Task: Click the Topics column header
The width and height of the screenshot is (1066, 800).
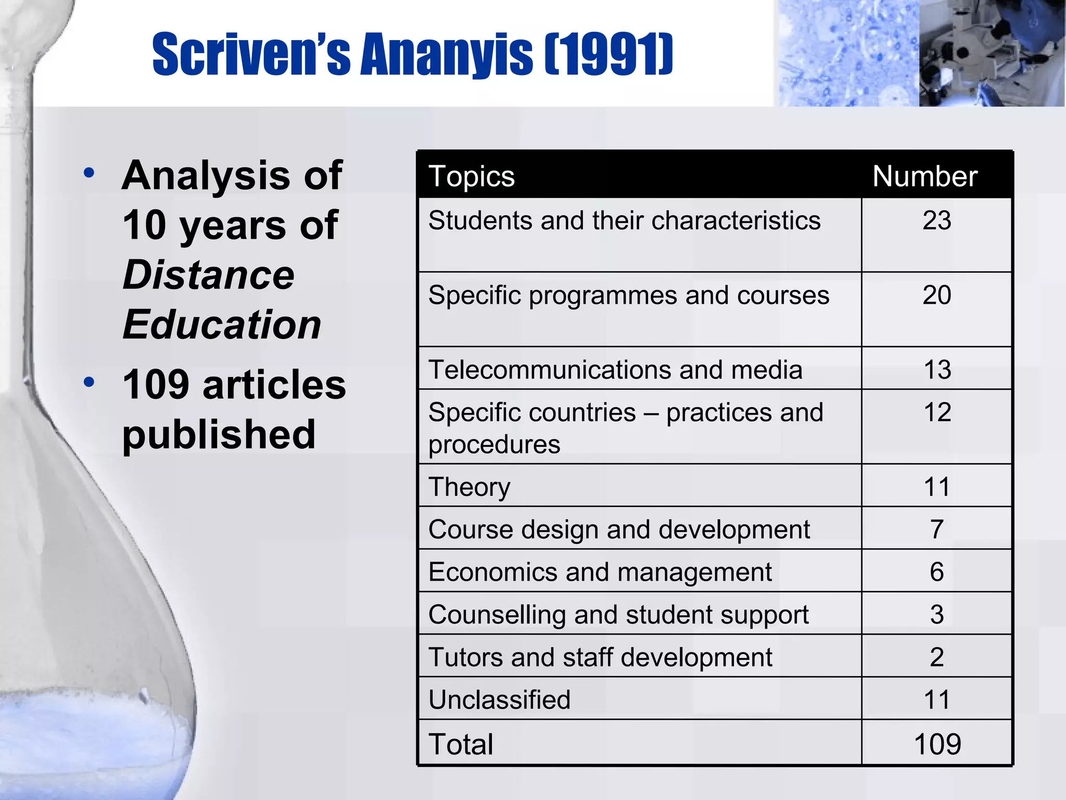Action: click(x=471, y=177)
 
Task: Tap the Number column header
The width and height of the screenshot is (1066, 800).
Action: click(x=924, y=177)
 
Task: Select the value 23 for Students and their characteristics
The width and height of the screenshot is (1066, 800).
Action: click(x=936, y=220)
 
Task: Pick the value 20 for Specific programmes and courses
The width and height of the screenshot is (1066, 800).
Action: click(x=936, y=295)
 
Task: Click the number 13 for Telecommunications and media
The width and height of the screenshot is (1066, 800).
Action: click(x=937, y=370)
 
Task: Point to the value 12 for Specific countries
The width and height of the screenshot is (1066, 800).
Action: click(x=937, y=413)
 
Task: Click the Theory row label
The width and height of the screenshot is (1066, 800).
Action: click(x=469, y=488)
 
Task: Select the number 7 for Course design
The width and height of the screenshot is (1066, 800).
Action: click(x=936, y=529)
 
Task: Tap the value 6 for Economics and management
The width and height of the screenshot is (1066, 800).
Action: click(x=936, y=572)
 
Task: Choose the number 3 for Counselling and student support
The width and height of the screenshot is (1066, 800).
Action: click(x=936, y=615)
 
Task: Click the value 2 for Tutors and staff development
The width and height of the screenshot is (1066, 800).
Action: click(x=936, y=657)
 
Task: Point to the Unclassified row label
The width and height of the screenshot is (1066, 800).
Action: click(x=499, y=699)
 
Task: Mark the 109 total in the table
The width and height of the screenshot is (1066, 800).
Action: click(x=937, y=744)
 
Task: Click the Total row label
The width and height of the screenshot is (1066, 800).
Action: click(x=461, y=744)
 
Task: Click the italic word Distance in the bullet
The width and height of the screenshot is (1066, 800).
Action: click(x=208, y=275)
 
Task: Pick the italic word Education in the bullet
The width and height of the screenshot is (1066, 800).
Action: click(x=222, y=324)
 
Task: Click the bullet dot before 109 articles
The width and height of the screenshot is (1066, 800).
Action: click(x=89, y=382)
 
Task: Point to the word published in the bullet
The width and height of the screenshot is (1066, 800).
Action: click(x=219, y=434)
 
